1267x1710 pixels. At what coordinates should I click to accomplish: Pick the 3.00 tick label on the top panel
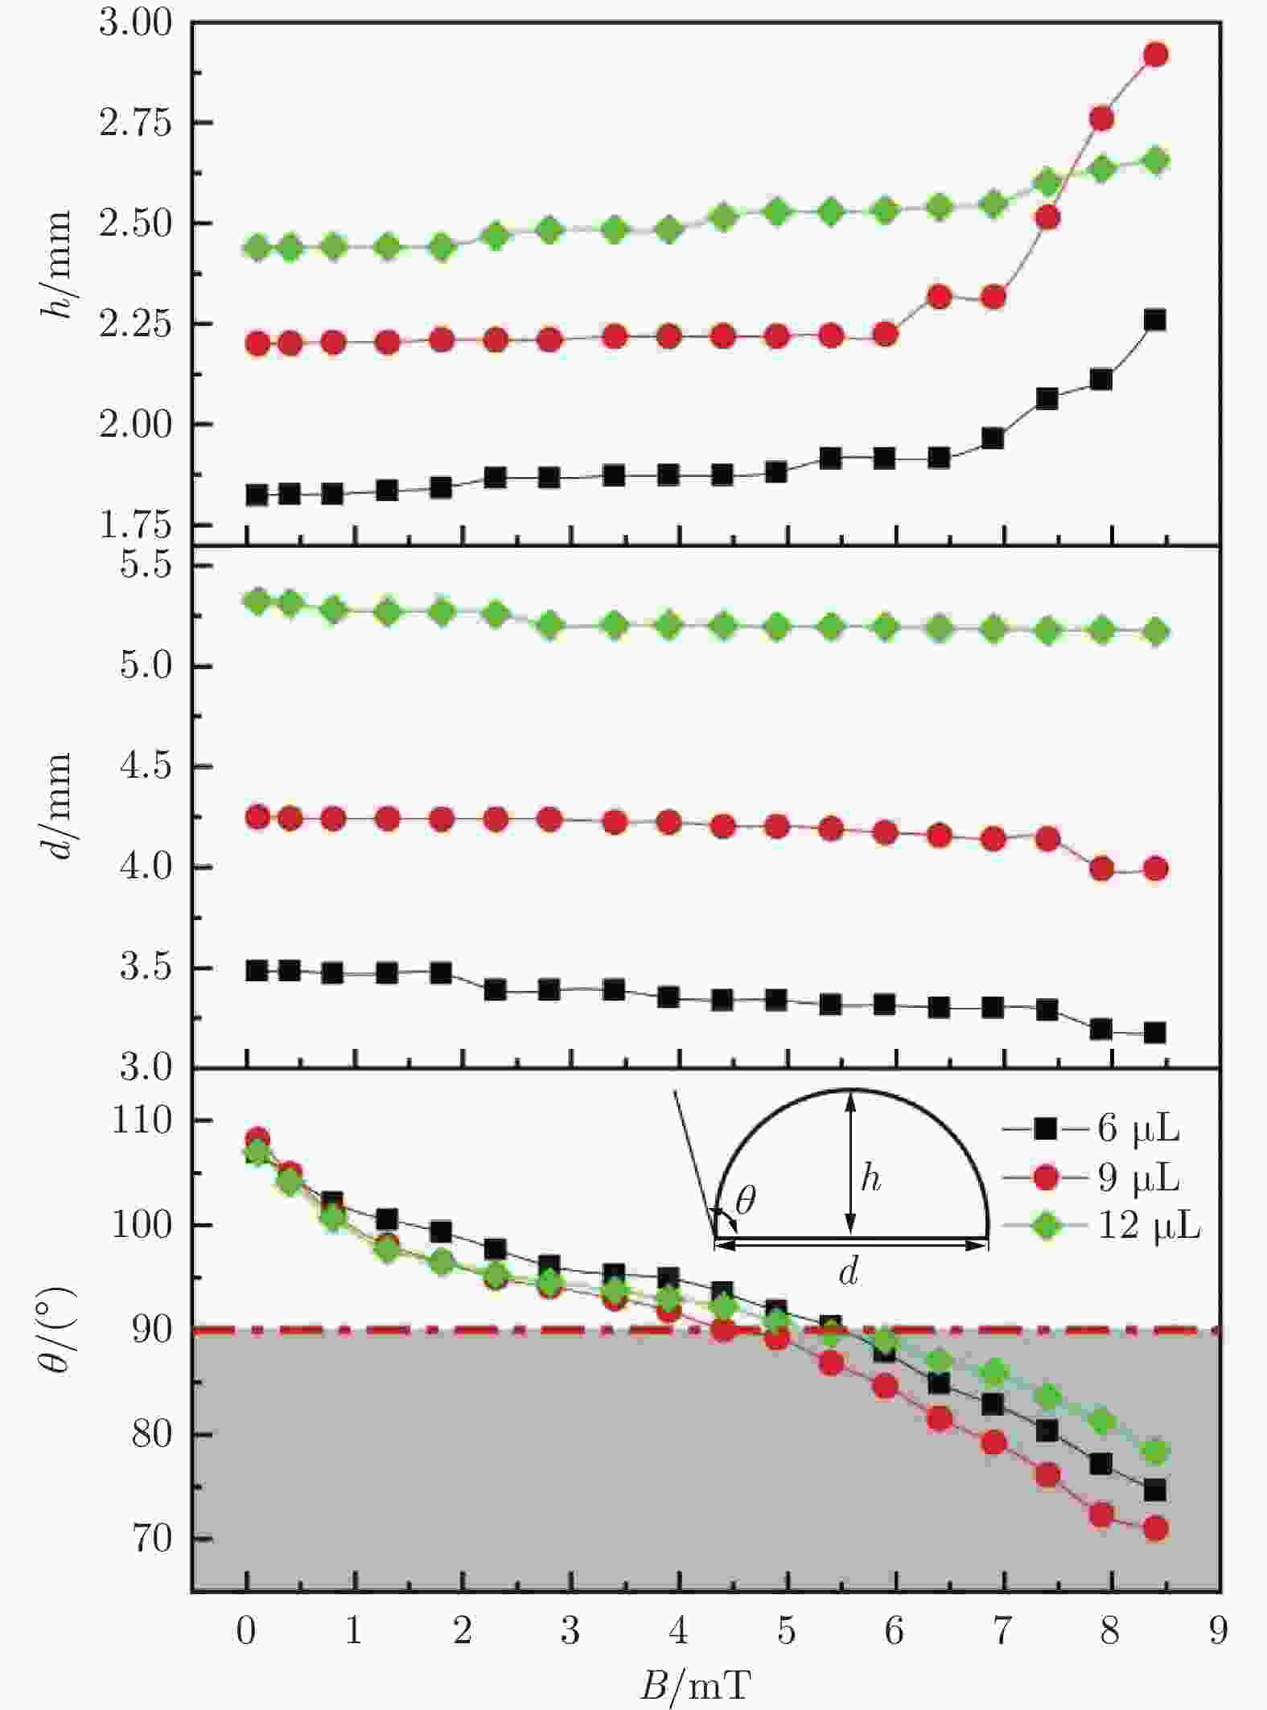[x=135, y=23]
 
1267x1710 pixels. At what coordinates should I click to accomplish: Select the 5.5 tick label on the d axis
[x=146, y=565]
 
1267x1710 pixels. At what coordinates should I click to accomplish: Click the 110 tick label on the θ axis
[x=142, y=1120]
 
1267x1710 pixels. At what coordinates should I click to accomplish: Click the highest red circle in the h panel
[x=1155, y=55]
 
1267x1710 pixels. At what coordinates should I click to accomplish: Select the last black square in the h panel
[x=1155, y=320]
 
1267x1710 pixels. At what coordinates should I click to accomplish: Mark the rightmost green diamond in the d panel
[x=1155, y=632]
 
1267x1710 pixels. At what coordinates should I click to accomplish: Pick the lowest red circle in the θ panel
[x=1155, y=1528]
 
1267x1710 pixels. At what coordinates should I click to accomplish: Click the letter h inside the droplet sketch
[x=870, y=1179]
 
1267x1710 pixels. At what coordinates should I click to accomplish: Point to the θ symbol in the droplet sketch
[x=746, y=1201]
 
